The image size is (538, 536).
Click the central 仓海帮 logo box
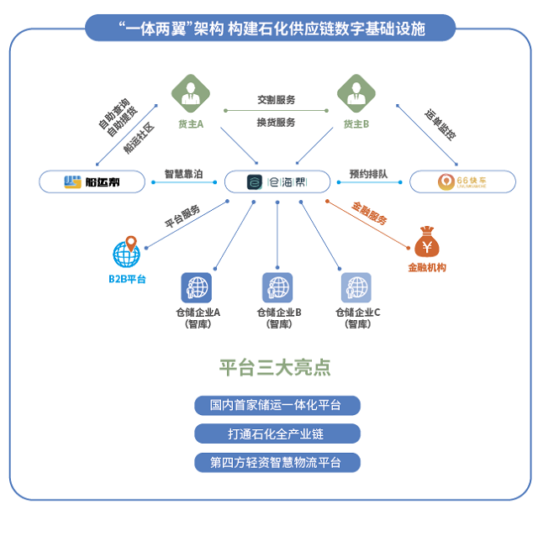277,181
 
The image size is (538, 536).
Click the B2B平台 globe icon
126,252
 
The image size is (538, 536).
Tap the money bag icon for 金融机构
426,244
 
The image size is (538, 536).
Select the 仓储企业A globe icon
196,288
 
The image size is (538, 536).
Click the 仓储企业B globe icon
277,288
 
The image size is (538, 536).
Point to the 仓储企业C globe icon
356,288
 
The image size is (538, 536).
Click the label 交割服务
277,99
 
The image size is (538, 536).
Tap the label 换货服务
277,123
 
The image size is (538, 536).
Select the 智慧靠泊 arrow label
182,175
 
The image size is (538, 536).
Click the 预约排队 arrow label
367,175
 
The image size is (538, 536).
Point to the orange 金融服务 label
370,213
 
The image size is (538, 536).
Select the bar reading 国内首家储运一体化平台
277,406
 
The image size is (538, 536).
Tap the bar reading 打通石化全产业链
277,434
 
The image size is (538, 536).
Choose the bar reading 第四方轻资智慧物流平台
277,463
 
